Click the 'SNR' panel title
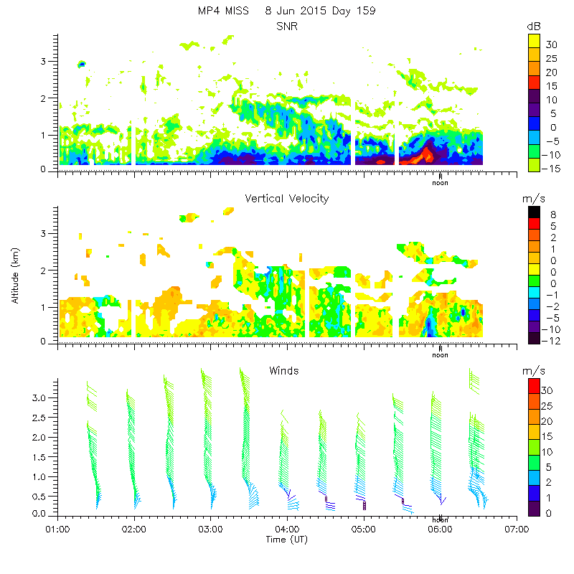coord(287,26)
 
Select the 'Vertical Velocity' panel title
coord(287,198)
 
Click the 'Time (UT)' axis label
coord(286,539)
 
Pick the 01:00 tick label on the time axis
coord(57,530)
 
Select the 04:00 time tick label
coord(287,530)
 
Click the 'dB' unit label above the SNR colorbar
coord(534,27)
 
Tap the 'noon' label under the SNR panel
coord(440,182)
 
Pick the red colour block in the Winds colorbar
coord(534,385)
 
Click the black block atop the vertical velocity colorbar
coord(534,212)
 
